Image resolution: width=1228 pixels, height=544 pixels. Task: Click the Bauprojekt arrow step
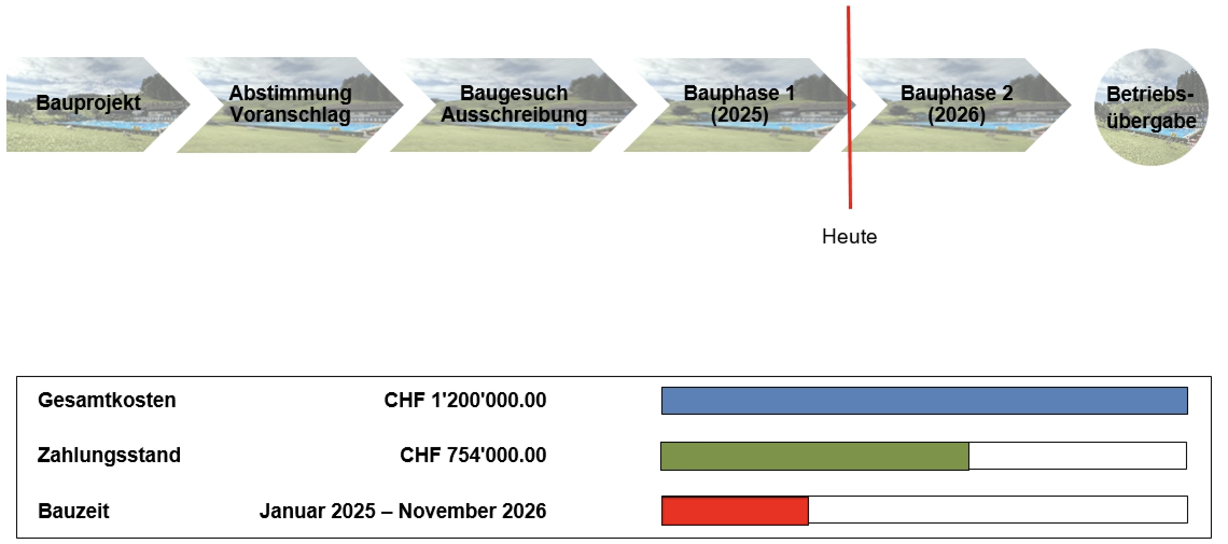click(97, 104)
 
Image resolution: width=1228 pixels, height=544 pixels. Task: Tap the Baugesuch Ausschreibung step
click(514, 104)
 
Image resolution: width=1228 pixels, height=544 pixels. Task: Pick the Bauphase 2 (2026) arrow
click(958, 104)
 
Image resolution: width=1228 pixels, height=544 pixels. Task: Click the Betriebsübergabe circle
click(1151, 107)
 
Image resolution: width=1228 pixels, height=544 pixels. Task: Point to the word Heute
click(849, 237)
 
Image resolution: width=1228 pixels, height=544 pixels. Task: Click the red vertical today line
click(849, 107)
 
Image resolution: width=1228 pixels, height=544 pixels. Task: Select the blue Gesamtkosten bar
click(924, 401)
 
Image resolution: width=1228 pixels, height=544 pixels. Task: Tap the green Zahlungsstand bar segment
click(815, 456)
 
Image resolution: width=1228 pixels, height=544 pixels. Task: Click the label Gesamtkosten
click(107, 400)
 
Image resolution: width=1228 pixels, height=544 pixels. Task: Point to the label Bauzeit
click(73, 511)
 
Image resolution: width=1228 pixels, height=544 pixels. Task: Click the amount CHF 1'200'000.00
click(465, 400)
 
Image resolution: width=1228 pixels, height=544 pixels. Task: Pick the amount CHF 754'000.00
click(473, 455)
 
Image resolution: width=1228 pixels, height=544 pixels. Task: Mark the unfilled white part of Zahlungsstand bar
click(1078, 456)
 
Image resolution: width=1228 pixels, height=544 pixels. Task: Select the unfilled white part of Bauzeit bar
click(998, 510)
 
